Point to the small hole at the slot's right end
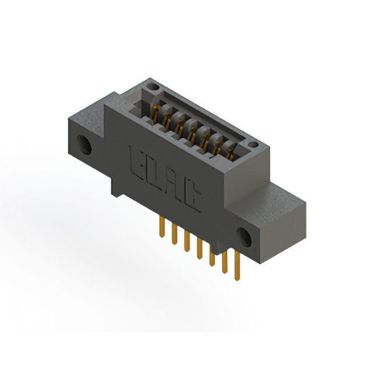pyautogui.click(x=252, y=144)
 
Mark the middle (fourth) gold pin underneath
pyautogui.click(x=199, y=249)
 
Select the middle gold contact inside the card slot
pyautogui.click(x=191, y=129)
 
